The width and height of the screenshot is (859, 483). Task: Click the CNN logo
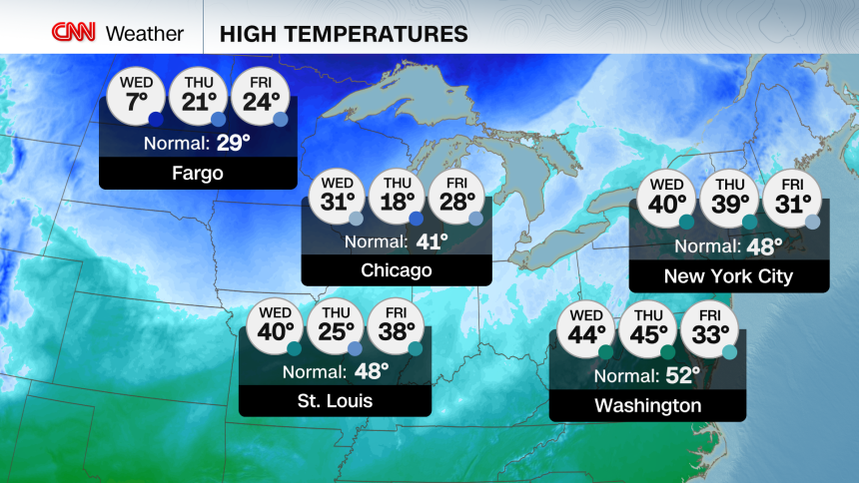tap(74, 33)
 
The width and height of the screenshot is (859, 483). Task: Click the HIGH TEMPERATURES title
tap(344, 34)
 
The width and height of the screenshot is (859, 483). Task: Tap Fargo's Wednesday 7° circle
tap(135, 96)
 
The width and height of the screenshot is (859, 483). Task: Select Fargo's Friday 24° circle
tap(261, 96)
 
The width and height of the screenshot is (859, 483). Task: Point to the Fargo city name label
tap(198, 174)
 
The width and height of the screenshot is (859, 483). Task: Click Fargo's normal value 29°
tap(234, 142)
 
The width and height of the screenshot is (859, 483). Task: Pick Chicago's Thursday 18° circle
tap(398, 198)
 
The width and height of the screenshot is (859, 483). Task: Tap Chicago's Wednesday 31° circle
tap(338, 198)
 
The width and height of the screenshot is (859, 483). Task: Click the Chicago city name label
tap(397, 270)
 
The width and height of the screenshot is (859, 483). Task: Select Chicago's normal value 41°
tap(431, 241)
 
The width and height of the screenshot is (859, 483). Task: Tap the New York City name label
tap(728, 276)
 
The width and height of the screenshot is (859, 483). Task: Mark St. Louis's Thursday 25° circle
tap(335, 327)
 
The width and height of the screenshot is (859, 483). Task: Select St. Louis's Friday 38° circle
tap(397, 327)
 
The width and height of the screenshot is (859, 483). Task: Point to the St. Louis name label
tap(335, 401)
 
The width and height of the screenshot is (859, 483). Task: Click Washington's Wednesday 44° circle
tap(586, 331)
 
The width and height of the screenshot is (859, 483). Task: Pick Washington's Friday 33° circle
tap(709, 331)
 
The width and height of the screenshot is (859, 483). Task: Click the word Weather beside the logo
tap(145, 34)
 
